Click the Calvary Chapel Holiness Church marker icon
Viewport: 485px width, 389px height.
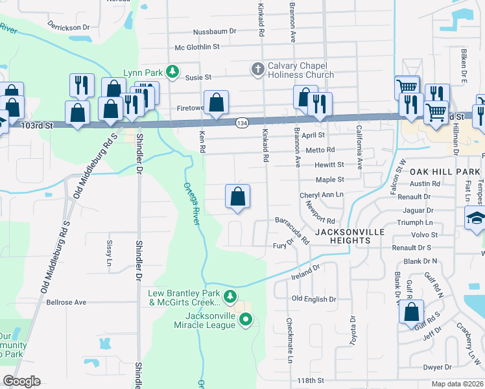tap(257, 68)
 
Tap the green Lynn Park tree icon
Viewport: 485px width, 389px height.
tap(172, 71)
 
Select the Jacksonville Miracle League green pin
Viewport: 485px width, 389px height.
tap(246, 318)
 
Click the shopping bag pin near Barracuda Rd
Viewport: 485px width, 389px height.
tap(238, 196)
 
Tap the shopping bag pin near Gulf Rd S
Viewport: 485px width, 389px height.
tap(412, 312)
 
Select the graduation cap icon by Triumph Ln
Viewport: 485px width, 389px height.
tap(476, 218)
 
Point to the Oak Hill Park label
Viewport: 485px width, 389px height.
tap(444, 171)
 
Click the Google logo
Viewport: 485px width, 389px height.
tap(21, 381)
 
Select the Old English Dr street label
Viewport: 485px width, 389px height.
tap(314, 299)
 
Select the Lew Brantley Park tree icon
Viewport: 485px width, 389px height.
tap(230, 297)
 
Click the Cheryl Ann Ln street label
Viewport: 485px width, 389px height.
tap(321, 194)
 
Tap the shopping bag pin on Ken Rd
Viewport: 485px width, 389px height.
tap(217, 102)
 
